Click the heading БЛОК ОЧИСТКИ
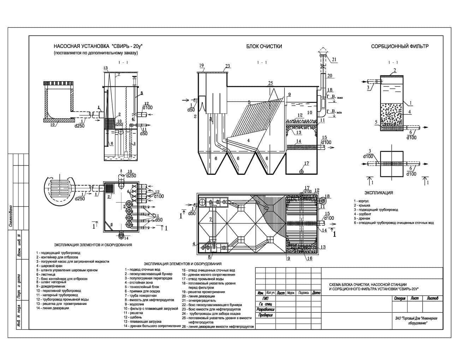pos(264,46)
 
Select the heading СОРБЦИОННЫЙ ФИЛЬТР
pos(400,46)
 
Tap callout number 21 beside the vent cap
pos(334,59)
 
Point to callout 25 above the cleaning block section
pos(270,83)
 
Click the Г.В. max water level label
pos(333,97)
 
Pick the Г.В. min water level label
pos(333,112)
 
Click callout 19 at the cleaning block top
pos(202,66)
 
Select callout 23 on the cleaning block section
pos(227,66)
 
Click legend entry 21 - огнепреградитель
pos(200,300)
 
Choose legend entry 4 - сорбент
pos(363,214)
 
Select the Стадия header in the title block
pos(399,299)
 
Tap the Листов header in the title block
pos(432,299)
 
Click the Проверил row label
pos(265,315)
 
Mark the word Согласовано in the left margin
pos(11,215)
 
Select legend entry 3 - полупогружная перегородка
pos(148,278)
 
